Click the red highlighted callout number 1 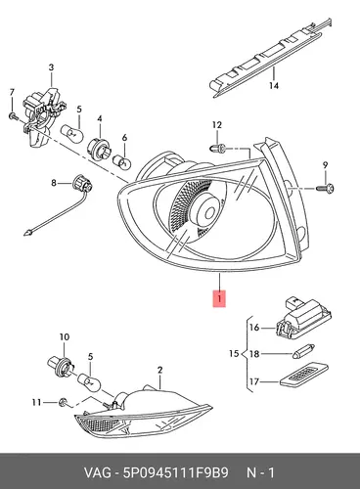[x=219, y=298]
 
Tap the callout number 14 [x=274, y=86]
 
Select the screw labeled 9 [x=325, y=188]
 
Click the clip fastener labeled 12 [x=218, y=149]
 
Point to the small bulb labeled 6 [x=122, y=160]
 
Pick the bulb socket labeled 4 [x=99, y=147]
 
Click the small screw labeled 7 [x=13, y=115]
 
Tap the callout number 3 [x=51, y=67]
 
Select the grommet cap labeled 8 [x=82, y=184]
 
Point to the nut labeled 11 [x=63, y=403]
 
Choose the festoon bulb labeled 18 [x=304, y=354]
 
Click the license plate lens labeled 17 [x=304, y=375]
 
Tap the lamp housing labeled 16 [x=304, y=319]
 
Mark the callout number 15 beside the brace [x=234, y=353]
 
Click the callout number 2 [x=159, y=370]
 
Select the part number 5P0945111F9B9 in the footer [x=175, y=472]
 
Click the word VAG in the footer [x=98, y=472]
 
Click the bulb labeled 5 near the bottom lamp [x=88, y=382]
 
